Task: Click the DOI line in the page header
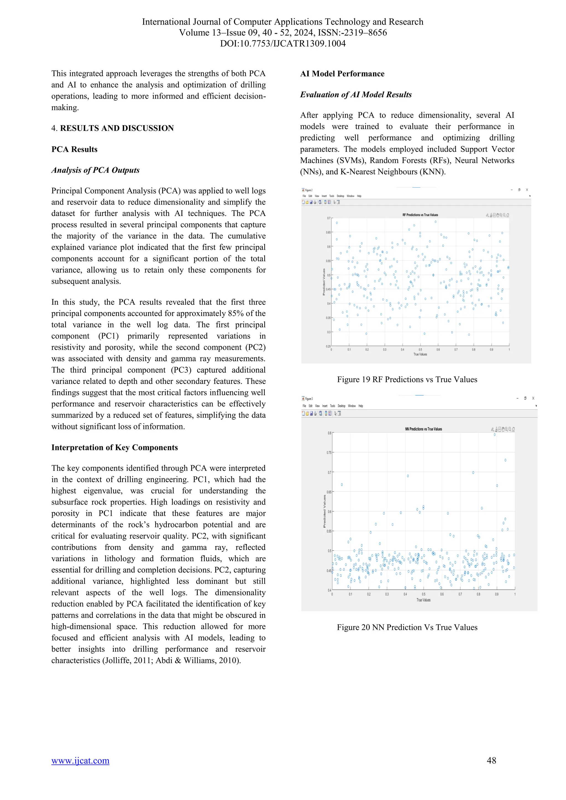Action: coord(283,44)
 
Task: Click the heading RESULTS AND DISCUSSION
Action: coord(117,128)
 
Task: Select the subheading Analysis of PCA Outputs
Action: coord(96,170)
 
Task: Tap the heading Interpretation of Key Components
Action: coord(115,448)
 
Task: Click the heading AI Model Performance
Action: coord(342,73)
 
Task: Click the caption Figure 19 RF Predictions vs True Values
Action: coord(407,380)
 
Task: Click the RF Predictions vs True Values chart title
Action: coord(420,215)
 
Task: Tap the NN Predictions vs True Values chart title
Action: coord(423,429)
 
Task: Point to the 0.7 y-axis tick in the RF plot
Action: coord(329,218)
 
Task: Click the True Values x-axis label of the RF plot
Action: coord(420,354)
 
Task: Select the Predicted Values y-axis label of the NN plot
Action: coord(324,511)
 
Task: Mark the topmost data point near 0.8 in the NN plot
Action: coord(494,435)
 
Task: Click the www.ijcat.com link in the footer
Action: coord(80,760)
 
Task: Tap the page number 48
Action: coord(491,760)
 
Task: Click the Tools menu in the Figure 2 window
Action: coord(331,196)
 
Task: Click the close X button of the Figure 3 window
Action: coord(533,398)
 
